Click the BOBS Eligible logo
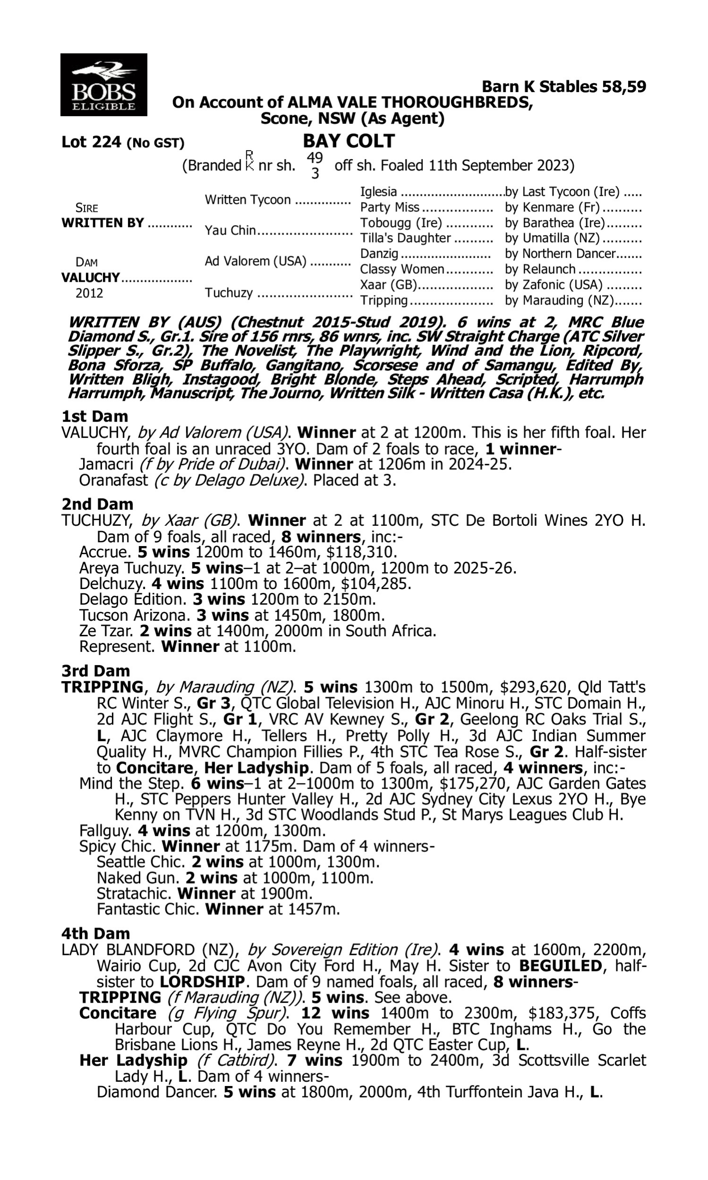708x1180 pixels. (x=103, y=84)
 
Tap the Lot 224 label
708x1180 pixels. (x=92, y=142)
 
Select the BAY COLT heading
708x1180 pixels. (x=349, y=141)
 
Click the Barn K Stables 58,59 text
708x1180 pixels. (x=564, y=86)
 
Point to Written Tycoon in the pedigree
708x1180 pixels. (x=248, y=200)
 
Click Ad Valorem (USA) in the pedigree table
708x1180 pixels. (x=255, y=261)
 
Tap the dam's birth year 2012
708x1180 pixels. (x=89, y=293)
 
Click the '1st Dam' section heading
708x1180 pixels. (x=94, y=416)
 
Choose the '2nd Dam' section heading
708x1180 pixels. (x=97, y=504)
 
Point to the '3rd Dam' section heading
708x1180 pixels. (x=95, y=671)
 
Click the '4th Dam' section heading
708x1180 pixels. (x=95, y=933)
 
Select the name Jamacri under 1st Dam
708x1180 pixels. (x=106, y=464)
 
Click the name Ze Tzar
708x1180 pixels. (x=105, y=631)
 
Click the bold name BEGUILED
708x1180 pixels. (x=560, y=966)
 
